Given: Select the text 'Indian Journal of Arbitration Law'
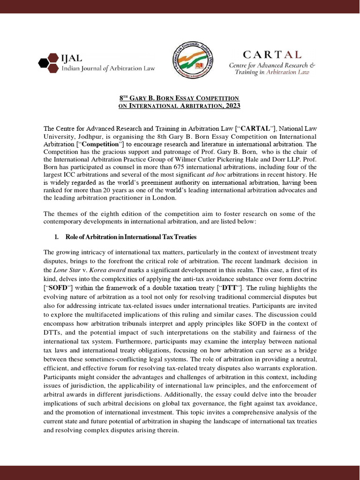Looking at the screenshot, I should (109, 68).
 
